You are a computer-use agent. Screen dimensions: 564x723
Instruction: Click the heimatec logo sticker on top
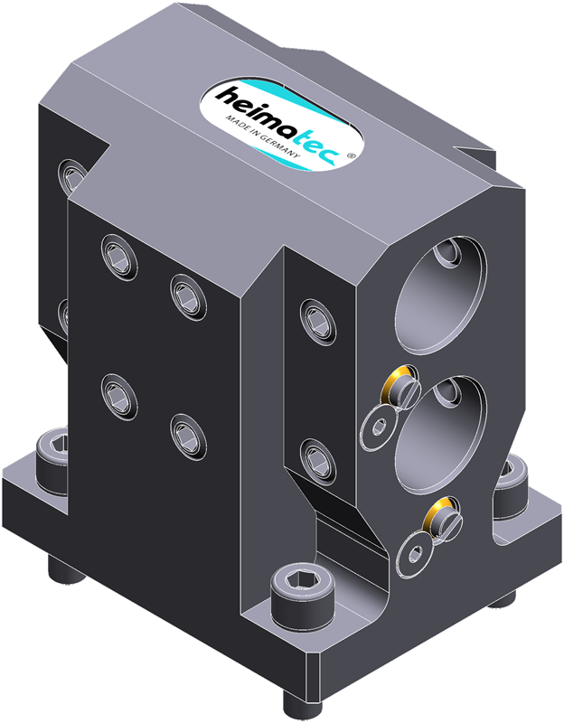coord(282,125)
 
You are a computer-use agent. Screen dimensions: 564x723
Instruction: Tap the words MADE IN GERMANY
coord(262,136)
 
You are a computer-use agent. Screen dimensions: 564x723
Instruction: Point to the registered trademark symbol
coord(351,155)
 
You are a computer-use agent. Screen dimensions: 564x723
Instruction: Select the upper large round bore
coord(440,296)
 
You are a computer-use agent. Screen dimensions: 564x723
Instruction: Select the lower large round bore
coord(441,436)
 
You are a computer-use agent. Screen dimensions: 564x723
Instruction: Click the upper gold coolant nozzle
coord(399,388)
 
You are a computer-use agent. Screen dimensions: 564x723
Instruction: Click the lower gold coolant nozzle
coord(442,519)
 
